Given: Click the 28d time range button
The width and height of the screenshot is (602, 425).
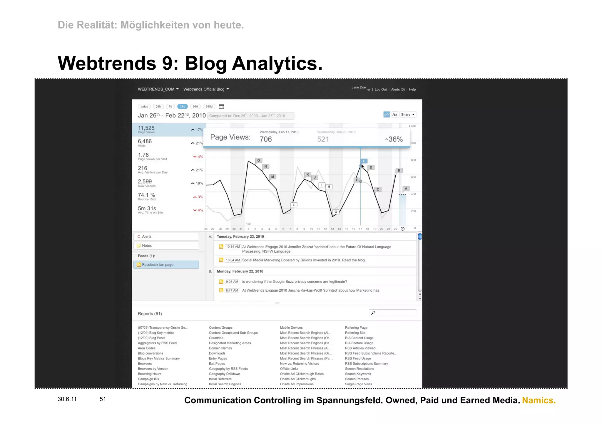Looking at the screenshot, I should coord(182,107).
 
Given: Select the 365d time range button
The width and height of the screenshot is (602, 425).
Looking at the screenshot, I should coord(209,107).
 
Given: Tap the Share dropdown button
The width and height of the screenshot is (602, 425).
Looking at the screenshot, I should coord(407,115).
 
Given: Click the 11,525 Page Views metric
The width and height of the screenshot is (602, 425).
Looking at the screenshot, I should coord(146,129).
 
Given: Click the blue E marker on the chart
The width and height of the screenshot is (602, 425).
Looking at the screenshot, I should coord(364,161).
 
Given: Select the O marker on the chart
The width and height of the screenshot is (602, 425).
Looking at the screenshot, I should coord(259,160).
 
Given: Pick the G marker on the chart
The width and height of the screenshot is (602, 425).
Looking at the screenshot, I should coord(336,211).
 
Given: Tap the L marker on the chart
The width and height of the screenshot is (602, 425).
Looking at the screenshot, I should coord(294,205).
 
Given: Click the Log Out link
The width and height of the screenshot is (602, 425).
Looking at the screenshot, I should coord(381,90).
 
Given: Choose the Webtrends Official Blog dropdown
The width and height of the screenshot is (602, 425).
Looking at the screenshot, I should coord(206,89).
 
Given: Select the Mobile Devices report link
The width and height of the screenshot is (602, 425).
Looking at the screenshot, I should coord(291,327).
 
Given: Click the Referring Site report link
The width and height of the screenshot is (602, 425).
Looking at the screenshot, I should coord(355,333).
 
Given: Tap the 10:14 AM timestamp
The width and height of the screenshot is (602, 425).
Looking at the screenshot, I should coord(233,247).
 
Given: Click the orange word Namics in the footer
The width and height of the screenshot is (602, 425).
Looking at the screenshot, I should coord(539,400).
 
